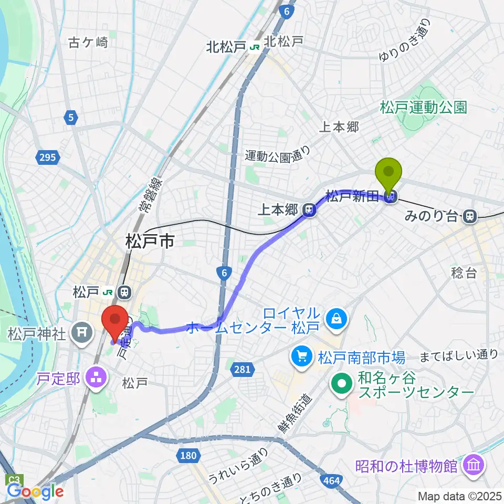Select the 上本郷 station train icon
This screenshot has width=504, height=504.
[309, 211]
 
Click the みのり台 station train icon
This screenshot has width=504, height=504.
[470, 215]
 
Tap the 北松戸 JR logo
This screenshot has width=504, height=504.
[256, 47]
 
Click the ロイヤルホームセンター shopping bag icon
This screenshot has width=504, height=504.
[334, 318]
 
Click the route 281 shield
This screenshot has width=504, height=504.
[242, 370]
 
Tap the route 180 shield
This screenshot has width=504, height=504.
[188, 455]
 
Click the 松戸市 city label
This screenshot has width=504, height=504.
[150, 242]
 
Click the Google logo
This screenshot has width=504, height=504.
[35, 491]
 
